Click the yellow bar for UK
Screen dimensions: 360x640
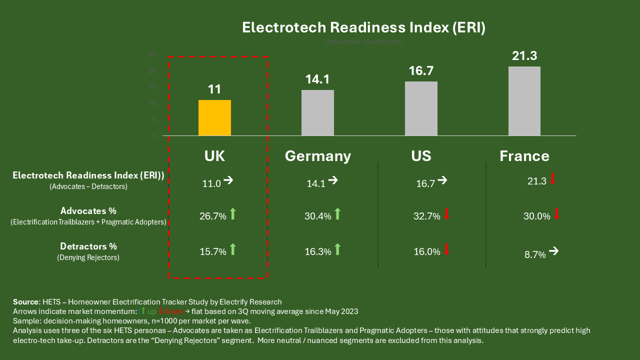click(214, 117)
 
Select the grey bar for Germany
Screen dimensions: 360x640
click(317, 112)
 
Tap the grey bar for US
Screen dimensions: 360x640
click(421, 108)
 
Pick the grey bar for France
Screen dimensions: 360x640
click(524, 101)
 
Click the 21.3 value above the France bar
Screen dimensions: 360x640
click(524, 56)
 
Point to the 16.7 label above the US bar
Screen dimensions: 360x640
click(421, 71)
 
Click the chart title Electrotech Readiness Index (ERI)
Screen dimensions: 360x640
click(363, 27)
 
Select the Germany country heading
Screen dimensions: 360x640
click(318, 156)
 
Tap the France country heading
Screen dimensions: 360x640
click(524, 156)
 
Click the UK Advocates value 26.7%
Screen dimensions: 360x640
click(213, 216)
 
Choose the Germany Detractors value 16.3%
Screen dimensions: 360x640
click(318, 252)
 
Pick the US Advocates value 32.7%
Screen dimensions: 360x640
click(427, 216)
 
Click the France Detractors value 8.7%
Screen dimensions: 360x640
click(535, 254)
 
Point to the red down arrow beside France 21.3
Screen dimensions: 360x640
click(552, 179)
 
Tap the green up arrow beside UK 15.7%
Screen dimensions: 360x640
click(232, 249)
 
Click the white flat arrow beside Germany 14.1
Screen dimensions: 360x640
click(332, 181)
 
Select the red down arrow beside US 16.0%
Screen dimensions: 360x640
click(446, 249)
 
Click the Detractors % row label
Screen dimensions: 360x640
click(88, 246)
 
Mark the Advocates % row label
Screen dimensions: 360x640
click(88, 211)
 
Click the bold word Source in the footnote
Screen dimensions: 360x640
click(25, 302)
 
